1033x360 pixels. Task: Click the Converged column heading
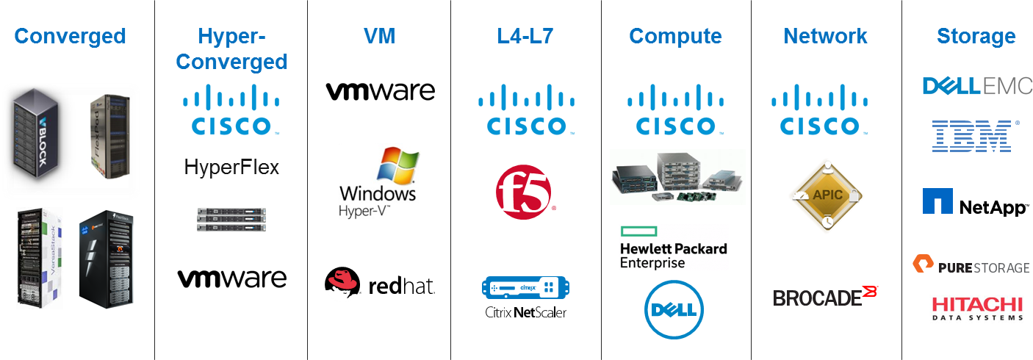pos(71,36)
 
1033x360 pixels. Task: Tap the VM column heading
pos(380,36)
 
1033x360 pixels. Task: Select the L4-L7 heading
pos(527,36)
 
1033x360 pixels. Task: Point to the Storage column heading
pos(976,37)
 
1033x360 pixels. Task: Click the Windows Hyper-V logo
pos(380,183)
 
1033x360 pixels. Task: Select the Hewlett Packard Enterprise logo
pos(674,247)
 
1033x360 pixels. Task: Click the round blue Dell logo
pos(674,309)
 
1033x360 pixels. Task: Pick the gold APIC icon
pos(826,195)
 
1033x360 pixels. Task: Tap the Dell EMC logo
pos(977,86)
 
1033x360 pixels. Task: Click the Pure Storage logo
pos(971,265)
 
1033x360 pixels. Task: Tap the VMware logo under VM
pos(380,91)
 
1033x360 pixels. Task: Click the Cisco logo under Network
pos(820,109)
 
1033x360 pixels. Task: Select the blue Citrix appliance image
pos(526,286)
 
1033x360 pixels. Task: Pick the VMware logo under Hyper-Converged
pos(231,278)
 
